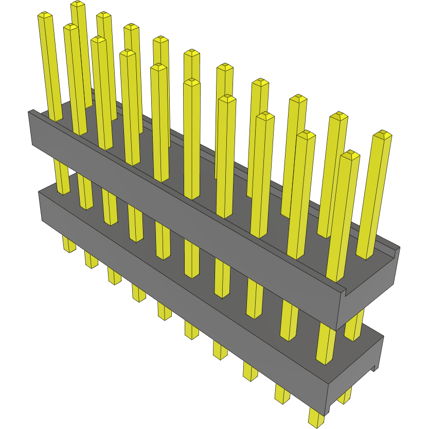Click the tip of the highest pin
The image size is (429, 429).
[78, 4]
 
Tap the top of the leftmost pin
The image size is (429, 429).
[45, 16]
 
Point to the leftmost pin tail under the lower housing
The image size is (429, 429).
[69, 244]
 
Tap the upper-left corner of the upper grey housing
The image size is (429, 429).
[31, 113]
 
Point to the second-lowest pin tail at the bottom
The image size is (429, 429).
[282, 394]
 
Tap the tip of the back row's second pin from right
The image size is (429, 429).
[338, 116]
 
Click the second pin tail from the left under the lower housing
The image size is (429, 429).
[91, 260]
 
